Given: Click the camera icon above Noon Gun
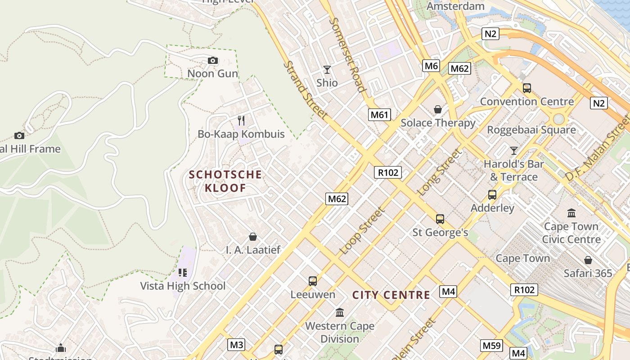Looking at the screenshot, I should pyautogui.click(x=213, y=60).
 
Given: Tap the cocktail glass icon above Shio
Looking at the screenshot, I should pyautogui.click(x=327, y=70).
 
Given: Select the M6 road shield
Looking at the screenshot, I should pyautogui.click(x=431, y=66).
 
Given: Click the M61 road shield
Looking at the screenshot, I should pyautogui.click(x=379, y=115).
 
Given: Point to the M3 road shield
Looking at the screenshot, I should pyautogui.click(x=236, y=345).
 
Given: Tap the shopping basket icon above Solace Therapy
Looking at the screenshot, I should pyautogui.click(x=437, y=109).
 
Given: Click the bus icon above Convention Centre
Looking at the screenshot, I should pyautogui.click(x=527, y=88).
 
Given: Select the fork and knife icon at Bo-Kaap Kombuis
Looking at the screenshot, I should pyautogui.click(x=241, y=121).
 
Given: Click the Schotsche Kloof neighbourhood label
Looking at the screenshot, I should pyautogui.click(x=225, y=181).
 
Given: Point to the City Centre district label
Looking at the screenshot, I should pyautogui.click(x=391, y=295).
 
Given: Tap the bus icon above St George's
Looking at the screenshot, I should pyautogui.click(x=440, y=219).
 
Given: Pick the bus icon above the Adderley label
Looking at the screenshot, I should pyautogui.click(x=492, y=195).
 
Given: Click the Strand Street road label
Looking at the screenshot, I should pyautogui.click(x=305, y=90).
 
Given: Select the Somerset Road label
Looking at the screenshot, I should pyautogui.click(x=347, y=54).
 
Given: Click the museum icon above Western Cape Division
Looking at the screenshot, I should pyautogui.click(x=340, y=312).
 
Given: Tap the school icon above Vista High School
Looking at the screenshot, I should pyautogui.click(x=182, y=272).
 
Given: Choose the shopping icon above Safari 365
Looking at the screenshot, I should pyautogui.click(x=588, y=260).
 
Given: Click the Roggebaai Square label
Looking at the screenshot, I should pyautogui.click(x=531, y=130).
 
